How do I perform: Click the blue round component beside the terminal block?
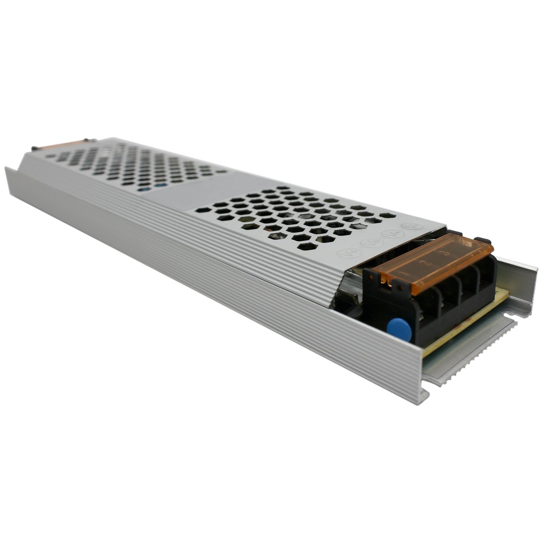point(399,329)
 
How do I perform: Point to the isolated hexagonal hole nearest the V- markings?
point(388,215)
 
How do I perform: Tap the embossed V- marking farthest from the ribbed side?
point(411,226)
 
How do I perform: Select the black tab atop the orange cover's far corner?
point(482,240)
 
